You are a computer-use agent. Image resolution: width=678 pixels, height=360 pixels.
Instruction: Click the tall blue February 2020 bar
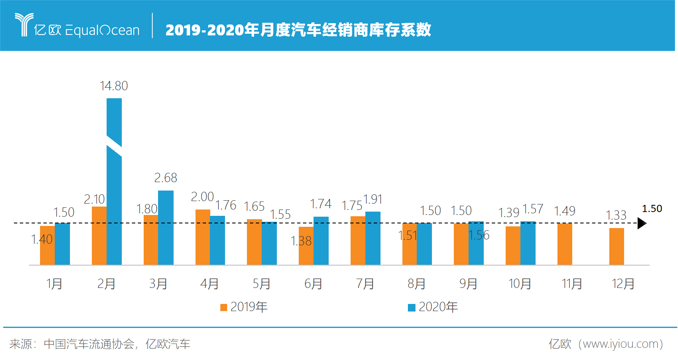[x=114, y=202]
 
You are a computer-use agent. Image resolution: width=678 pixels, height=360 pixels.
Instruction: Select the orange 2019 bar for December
[x=616, y=246]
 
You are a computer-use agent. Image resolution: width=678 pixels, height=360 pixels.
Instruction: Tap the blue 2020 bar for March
[x=166, y=228]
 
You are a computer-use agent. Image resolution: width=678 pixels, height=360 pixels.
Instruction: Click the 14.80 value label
[x=114, y=86]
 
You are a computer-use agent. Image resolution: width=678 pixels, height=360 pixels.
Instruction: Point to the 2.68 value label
[x=166, y=178]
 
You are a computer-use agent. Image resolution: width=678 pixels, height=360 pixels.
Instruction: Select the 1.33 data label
[x=616, y=215]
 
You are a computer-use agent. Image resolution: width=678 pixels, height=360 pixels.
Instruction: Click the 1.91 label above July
[x=373, y=199]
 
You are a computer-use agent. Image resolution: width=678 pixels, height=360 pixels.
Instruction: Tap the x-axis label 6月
[x=313, y=284]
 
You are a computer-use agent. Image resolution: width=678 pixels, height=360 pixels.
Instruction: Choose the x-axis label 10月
[x=520, y=284]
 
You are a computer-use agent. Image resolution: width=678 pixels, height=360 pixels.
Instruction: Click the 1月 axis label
[x=54, y=284]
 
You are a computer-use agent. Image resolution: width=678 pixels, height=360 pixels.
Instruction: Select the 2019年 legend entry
[x=244, y=307]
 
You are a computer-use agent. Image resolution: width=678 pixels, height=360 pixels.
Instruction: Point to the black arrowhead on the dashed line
[x=642, y=223]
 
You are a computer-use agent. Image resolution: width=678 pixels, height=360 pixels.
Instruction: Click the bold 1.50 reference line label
[x=652, y=209]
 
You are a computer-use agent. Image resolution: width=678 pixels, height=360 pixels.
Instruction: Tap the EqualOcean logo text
[x=102, y=30]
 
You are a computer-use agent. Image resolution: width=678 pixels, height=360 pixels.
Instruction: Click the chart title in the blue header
[x=298, y=30]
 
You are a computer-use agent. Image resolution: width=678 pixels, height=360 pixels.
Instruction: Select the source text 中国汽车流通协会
[x=89, y=344]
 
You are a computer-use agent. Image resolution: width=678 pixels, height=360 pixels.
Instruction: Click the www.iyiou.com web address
[x=621, y=344]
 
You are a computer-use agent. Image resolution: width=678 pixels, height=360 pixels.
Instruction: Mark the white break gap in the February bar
[x=114, y=146]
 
